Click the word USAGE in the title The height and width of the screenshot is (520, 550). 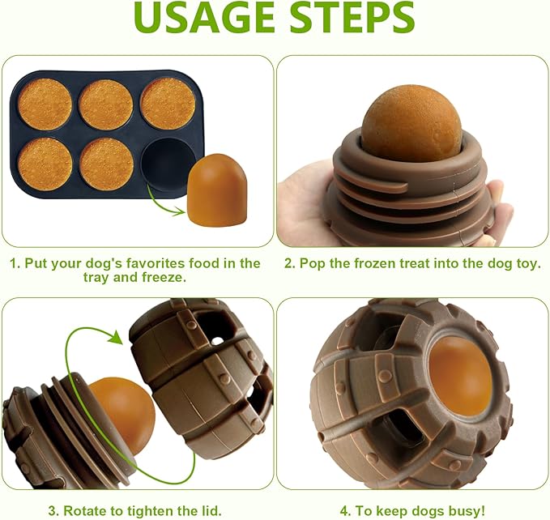pyautogui.click(x=204, y=17)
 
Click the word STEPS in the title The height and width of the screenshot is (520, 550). pyautogui.click(x=352, y=17)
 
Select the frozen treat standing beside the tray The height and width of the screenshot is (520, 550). pyautogui.click(x=217, y=190)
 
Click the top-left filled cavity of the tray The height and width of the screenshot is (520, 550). pyautogui.click(x=45, y=104)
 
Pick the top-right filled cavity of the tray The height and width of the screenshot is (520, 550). pyautogui.click(x=168, y=103)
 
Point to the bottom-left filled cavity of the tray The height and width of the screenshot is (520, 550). pyautogui.click(x=45, y=164)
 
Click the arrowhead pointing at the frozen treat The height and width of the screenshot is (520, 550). pyautogui.click(x=179, y=211)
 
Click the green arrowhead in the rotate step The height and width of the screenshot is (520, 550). pyautogui.click(x=115, y=337)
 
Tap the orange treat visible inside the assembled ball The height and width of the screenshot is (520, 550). pyautogui.click(x=461, y=377)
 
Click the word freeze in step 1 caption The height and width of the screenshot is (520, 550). pyautogui.click(x=163, y=277)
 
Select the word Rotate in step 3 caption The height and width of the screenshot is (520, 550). pyautogui.click(x=83, y=510)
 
